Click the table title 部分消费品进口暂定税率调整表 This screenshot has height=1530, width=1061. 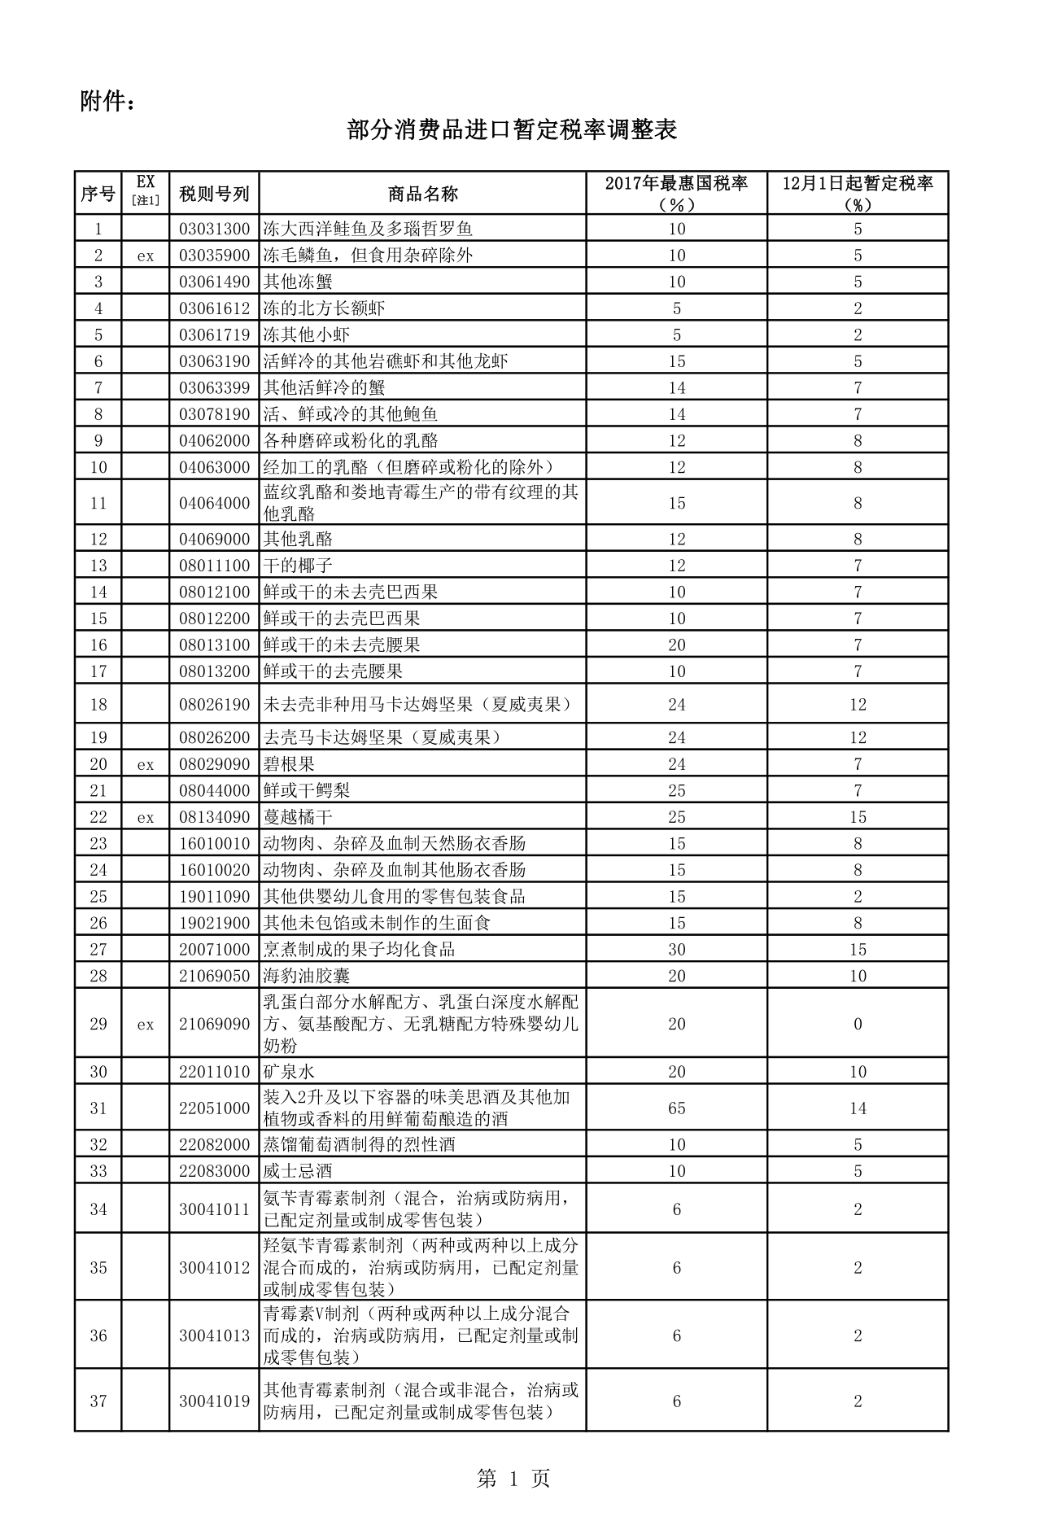click(512, 130)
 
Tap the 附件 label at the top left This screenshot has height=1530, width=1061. click(107, 102)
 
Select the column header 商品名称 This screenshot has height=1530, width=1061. click(422, 194)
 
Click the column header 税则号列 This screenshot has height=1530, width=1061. click(214, 194)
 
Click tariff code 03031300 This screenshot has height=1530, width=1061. click(214, 229)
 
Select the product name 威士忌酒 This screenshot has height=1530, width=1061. click(298, 1171)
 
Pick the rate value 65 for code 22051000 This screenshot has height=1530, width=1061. click(676, 1108)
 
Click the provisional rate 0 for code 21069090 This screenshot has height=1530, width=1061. click(858, 1024)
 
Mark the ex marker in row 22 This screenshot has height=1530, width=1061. click(145, 817)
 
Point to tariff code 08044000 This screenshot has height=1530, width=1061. click(214, 791)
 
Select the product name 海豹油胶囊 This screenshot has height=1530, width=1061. click(307, 976)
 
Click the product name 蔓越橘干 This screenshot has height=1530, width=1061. click(298, 817)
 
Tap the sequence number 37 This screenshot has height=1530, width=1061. click(98, 1401)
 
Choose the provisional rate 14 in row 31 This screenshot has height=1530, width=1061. click(858, 1108)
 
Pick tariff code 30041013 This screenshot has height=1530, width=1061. click(214, 1335)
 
